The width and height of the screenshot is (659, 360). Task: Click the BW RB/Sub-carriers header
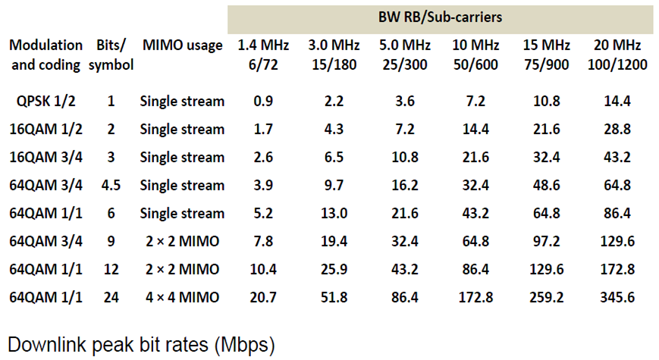pyautogui.click(x=440, y=17)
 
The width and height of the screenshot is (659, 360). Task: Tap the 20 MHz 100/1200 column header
pyautogui.click(x=617, y=55)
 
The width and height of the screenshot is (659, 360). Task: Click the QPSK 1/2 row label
pyautogui.click(x=46, y=101)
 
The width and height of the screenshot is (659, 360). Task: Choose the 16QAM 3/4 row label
pyautogui.click(x=46, y=157)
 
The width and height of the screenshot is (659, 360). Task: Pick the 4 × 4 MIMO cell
pyautogui.click(x=182, y=297)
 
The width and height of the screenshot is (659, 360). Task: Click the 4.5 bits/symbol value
pyautogui.click(x=111, y=185)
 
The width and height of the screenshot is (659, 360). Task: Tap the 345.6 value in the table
pyautogui.click(x=617, y=297)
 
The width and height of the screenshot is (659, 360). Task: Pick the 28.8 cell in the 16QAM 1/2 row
pyautogui.click(x=617, y=129)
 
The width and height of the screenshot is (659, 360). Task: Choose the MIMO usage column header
pyautogui.click(x=182, y=45)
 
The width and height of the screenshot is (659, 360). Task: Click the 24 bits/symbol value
pyautogui.click(x=111, y=297)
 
